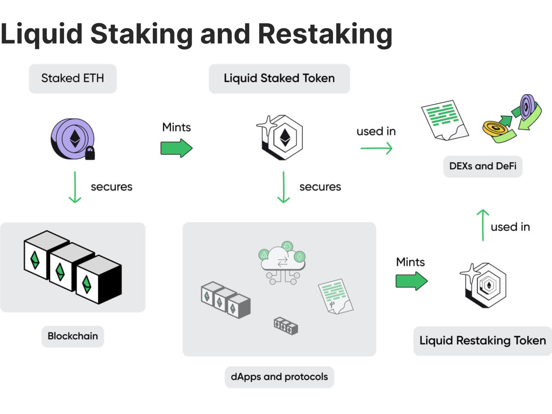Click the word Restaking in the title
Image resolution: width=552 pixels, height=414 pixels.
tap(325, 34)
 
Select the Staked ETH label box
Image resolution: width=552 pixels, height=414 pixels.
tap(72, 78)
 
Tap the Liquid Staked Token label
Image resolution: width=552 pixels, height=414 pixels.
tap(279, 78)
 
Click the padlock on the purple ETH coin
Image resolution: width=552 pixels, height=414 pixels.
tap(90, 153)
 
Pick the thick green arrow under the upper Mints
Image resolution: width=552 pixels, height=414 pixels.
tap(176, 148)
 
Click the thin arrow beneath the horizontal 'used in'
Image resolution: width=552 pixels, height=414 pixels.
tap(376, 148)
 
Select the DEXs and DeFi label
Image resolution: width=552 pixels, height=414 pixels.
tap(482, 166)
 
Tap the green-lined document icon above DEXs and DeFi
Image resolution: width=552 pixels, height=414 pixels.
tap(444, 120)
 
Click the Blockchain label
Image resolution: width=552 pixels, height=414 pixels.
tap(72, 336)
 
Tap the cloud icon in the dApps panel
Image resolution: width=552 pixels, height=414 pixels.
tap(283, 260)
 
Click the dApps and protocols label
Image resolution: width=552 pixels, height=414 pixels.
tap(279, 377)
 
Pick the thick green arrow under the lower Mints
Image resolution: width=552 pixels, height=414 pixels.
tap(411, 282)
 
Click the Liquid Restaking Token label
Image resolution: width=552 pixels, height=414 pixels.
tap(482, 341)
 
